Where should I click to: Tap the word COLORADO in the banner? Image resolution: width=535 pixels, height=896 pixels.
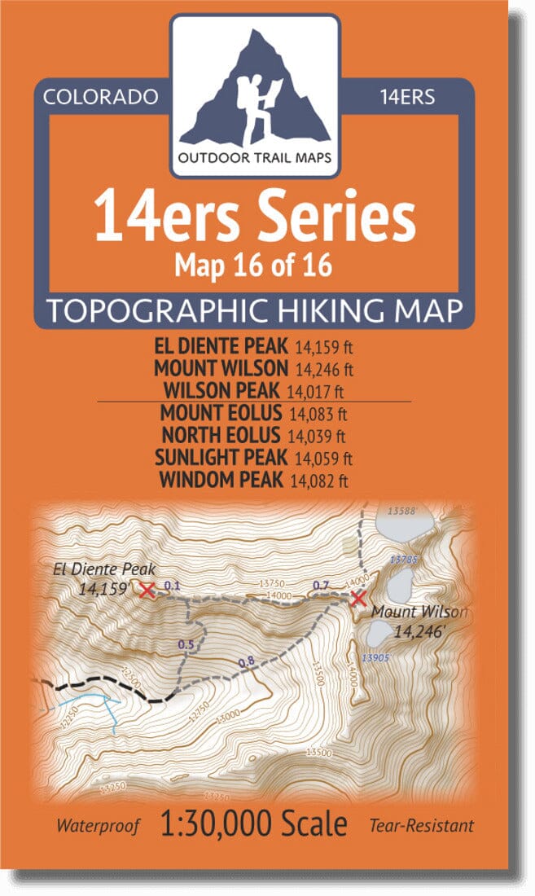(100, 97)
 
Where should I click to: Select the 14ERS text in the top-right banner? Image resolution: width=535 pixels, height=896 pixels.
(408, 97)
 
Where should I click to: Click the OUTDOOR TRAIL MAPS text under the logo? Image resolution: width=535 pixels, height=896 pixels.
(255, 157)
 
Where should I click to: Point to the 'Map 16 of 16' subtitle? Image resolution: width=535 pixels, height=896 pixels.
(254, 265)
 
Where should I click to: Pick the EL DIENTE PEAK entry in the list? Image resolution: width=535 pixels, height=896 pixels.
(219, 348)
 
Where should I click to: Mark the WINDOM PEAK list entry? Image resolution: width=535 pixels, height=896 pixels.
(221, 480)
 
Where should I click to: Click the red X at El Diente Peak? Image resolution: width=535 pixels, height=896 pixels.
(147, 590)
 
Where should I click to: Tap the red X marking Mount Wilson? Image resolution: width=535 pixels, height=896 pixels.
(357, 600)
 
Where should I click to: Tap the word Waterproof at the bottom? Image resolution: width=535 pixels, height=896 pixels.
(98, 826)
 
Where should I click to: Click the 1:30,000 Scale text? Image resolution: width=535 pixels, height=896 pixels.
(254, 824)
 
